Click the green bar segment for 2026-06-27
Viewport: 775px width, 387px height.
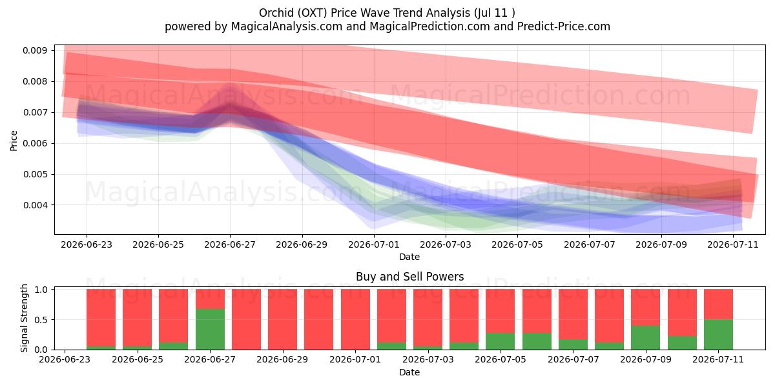tap(210, 329)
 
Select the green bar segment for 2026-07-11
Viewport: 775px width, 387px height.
tap(718, 335)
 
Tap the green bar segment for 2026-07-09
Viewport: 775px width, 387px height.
tap(646, 337)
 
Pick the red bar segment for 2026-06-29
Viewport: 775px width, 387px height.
tap(283, 319)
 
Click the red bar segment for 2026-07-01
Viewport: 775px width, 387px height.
tap(355, 319)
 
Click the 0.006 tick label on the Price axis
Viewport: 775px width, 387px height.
tap(35, 143)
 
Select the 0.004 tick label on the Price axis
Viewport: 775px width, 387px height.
tap(35, 205)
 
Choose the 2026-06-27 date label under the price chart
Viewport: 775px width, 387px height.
tap(230, 244)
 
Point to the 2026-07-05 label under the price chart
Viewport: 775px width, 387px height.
tap(517, 244)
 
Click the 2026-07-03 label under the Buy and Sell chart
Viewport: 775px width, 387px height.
tap(428, 359)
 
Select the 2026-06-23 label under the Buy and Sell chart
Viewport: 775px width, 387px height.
tap(65, 359)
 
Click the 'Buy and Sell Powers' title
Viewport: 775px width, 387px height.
tap(409, 277)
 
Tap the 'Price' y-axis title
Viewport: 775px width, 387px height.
tap(14, 141)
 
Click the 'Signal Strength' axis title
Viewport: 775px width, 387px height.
tap(24, 318)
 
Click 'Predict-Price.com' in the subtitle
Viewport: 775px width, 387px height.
tap(564, 26)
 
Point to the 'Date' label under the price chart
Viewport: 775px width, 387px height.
tap(409, 257)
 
